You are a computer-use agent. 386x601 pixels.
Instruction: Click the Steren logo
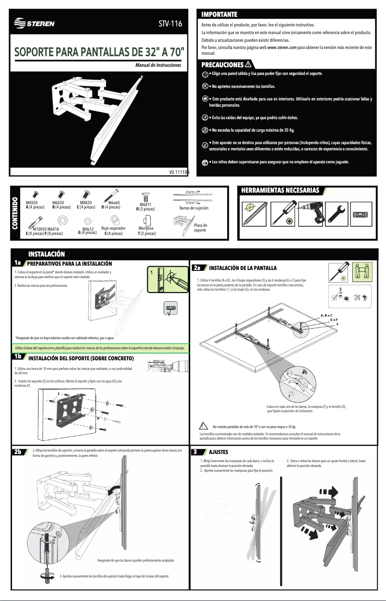(34, 24)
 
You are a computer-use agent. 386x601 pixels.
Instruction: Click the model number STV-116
(170, 24)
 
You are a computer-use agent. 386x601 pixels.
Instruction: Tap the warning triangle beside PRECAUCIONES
(249, 64)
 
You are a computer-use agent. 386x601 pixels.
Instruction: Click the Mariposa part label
(146, 229)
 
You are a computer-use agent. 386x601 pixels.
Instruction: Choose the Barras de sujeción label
(193, 209)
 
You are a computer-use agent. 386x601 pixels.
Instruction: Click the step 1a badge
(18, 263)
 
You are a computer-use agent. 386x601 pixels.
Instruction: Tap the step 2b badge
(18, 452)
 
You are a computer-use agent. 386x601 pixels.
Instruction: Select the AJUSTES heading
(218, 452)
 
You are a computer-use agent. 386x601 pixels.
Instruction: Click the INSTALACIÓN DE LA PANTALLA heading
(243, 268)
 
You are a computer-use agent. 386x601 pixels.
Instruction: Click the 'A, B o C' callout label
(326, 315)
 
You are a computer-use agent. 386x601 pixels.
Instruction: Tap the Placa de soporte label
(200, 227)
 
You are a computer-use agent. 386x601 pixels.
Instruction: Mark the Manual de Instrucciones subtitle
(158, 64)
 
